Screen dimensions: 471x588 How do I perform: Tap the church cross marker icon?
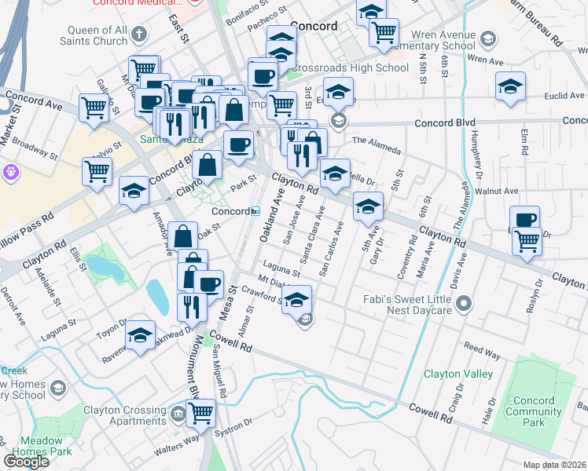point(140,34)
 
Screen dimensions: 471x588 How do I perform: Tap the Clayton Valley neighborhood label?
point(458,374)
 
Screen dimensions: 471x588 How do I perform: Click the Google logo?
point(27,461)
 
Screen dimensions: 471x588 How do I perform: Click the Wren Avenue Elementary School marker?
point(488,38)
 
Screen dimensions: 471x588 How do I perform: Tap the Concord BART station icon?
point(255,211)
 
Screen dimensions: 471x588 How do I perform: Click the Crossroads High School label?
point(348,68)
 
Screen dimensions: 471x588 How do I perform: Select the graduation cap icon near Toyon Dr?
point(141,336)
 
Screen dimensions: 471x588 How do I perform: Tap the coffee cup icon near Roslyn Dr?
point(524,220)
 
